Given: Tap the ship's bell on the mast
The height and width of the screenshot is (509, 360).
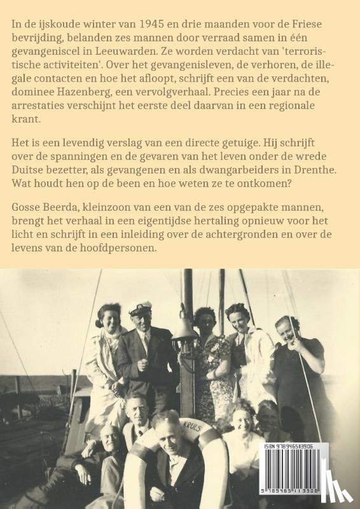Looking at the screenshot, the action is click(184, 329).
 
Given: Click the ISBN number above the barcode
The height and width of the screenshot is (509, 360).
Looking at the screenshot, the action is click(294, 447).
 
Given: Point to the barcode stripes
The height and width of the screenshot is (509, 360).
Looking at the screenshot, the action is click(294, 471).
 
